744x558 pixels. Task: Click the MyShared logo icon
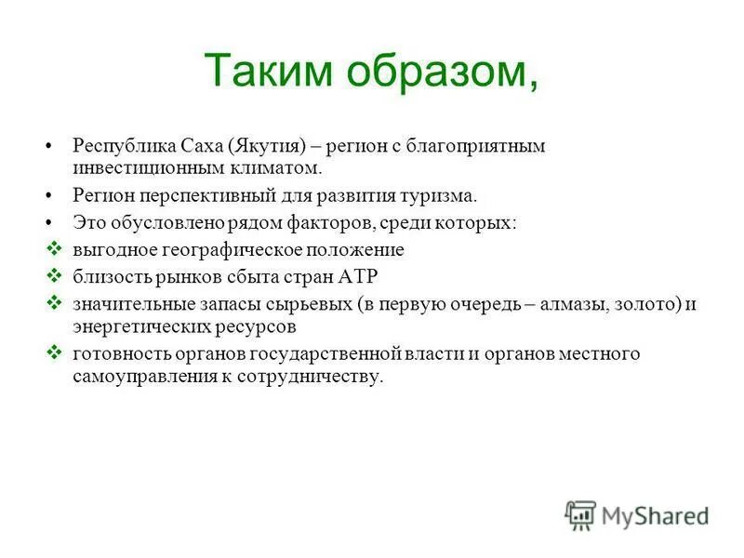580,514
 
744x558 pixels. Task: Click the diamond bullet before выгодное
53,249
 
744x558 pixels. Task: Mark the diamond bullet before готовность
53,353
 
